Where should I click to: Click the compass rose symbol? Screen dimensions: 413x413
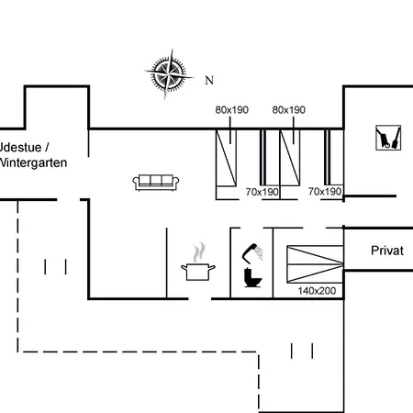(x=169, y=74)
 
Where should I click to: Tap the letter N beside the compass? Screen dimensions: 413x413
(x=209, y=81)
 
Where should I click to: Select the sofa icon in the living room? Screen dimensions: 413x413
(x=156, y=183)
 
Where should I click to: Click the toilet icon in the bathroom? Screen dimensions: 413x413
(x=252, y=277)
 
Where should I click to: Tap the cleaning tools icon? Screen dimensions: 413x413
(x=388, y=138)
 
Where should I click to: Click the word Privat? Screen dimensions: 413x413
(x=387, y=251)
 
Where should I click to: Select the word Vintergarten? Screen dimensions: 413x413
(x=33, y=162)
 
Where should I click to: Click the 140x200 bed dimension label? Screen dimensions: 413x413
(x=317, y=291)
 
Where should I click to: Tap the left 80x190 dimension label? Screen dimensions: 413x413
(x=232, y=110)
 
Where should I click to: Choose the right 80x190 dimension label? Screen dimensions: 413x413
(x=289, y=110)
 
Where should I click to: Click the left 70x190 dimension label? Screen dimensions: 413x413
(x=262, y=192)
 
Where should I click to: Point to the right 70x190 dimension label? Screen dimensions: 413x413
(x=325, y=192)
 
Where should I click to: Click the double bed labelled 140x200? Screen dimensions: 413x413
(x=315, y=264)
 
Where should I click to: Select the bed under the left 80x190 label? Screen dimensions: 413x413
(x=226, y=158)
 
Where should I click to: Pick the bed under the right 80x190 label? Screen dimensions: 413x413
(x=290, y=158)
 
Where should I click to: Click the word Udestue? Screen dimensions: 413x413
(x=20, y=148)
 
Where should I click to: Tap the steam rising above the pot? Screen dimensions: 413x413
(x=199, y=252)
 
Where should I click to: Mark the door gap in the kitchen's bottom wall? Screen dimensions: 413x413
(x=200, y=298)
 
